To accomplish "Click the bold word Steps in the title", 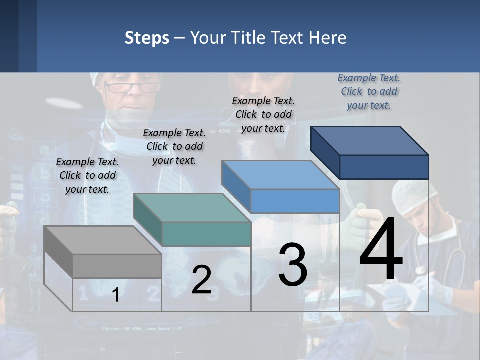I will (147, 38).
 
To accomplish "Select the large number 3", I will (293, 265).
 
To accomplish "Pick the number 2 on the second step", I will (201, 280).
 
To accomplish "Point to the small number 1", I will (116, 295).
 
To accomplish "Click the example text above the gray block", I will (87, 175).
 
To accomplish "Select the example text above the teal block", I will (174, 146).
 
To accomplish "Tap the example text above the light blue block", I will (263, 114).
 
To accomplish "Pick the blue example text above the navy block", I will (369, 91).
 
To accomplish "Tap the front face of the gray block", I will (117, 266).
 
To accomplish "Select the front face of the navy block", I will (384, 167).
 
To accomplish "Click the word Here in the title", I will (328, 38).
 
